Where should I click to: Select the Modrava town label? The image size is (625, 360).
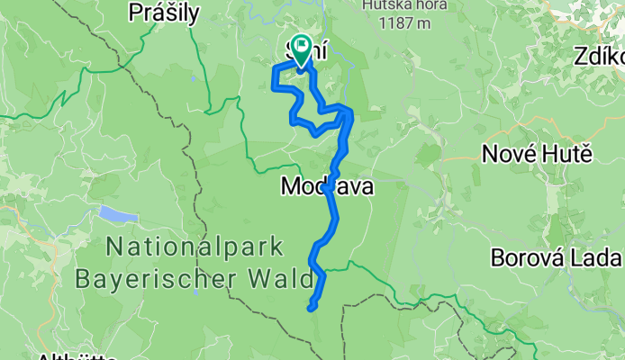pos(325,188)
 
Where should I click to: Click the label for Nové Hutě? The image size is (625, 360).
pos(537,153)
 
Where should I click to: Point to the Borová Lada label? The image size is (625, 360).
pos(557,258)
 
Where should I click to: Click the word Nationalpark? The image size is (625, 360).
pos(194,247)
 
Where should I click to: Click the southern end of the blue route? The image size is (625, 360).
pos(311,308)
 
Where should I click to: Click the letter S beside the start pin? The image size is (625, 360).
pos(288,50)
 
